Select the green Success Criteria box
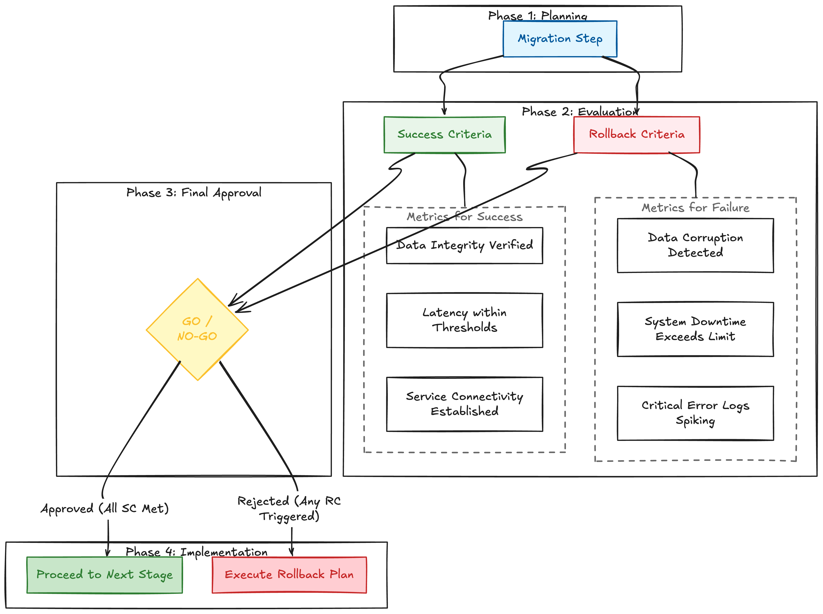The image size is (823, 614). (445, 135)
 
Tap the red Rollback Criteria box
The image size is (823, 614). (637, 135)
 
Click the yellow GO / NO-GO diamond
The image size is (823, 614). (197, 329)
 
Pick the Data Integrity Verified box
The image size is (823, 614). (464, 245)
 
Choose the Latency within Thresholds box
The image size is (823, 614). (464, 320)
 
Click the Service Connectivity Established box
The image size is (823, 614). (464, 404)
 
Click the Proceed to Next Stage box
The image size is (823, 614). (105, 575)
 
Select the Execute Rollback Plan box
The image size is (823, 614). (289, 575)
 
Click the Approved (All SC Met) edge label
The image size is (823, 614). (105, 508)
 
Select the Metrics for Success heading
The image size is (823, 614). (464, 217)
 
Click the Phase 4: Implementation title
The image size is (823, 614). (197, 552)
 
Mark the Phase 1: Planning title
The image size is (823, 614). (538, 16)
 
